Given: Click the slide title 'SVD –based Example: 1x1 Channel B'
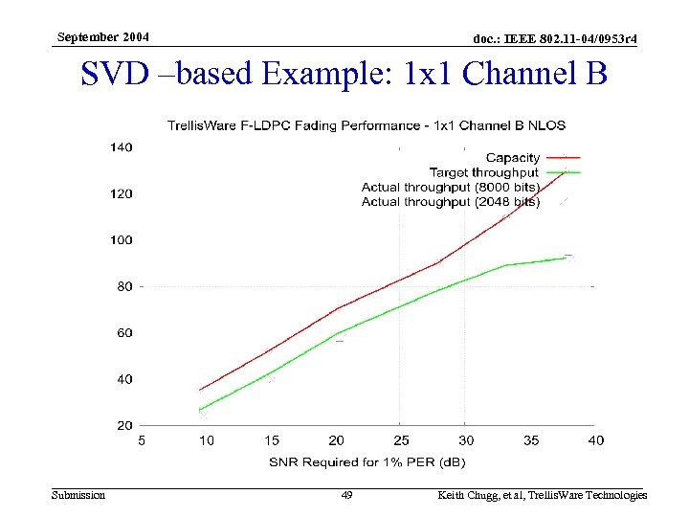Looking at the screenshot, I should tap(344, 75).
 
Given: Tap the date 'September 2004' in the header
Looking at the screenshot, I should tap(102, 37).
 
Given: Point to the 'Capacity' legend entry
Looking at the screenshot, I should tap(513, 157).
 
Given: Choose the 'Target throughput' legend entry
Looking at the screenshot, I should tap(484, 172).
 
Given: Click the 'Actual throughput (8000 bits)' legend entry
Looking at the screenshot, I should tap(451, 187).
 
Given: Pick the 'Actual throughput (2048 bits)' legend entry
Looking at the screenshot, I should tap(451, 202).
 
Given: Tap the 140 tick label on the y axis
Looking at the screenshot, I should tap(121, 147).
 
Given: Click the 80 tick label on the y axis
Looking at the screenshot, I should tap(124, 286).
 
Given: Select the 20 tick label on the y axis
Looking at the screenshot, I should tap(124, 425).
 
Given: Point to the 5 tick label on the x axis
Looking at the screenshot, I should tap(142, 440).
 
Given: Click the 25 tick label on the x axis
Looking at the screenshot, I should tap(400, 440).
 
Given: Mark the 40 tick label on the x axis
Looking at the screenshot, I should tap(594, 440).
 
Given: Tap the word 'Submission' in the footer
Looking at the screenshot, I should tap(78, 495).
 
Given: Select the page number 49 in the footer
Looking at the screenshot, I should tap(347, 495).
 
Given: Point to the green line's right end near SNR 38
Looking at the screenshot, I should tap(567, 257).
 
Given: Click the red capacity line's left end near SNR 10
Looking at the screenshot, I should tap(200, 390).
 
